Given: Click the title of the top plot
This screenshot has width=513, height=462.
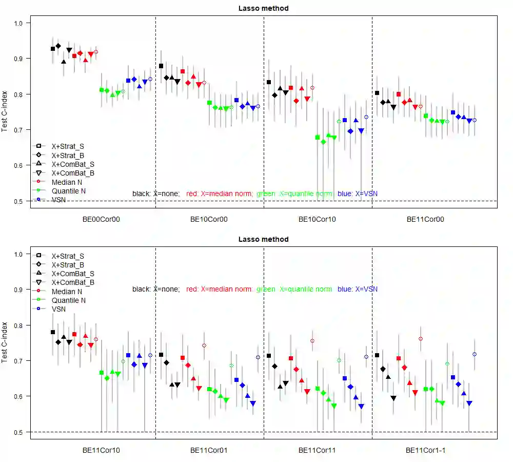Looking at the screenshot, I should pyautogui.click(x=264, y=8).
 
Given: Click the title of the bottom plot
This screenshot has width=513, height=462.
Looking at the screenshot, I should pyautogui.click(x=264, y=239).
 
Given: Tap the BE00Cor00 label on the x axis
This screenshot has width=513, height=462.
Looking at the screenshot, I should pyautogui.click(x=101, y=219).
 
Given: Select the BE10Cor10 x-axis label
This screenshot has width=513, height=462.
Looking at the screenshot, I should pyautogui.click(x=318, y=219).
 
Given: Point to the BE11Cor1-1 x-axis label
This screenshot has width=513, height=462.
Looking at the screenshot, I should pyautogui.click(x=426, y=450).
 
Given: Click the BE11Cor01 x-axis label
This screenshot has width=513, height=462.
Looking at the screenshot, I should pyautogui.click(x=209, y=450).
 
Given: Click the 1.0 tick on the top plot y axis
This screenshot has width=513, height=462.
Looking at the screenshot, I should pyautogui.click(x=19, y=23).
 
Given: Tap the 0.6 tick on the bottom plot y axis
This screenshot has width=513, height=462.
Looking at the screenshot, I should pyautogui.click(x=19, y=396).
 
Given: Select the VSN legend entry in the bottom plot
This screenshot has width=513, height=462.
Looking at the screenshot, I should pyautogui.click(x=58, y=309).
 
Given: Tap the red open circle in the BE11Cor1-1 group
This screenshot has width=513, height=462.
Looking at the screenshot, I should pyautogui.click(x=421, y=339).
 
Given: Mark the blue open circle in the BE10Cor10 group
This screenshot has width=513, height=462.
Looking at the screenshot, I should pyautogui.click(x=366, y=117).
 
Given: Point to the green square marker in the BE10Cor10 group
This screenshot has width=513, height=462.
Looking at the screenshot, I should pyautogui.click(x=318, y=138).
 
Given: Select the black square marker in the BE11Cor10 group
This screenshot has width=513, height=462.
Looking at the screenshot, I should pyautogui.click(x=53, y=332).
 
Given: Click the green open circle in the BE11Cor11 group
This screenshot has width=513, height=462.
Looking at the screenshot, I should pyautogui.click(x=339, y=360).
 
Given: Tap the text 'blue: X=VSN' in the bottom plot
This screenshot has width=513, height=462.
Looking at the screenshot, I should pyautogui.click(x=358, y=289).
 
